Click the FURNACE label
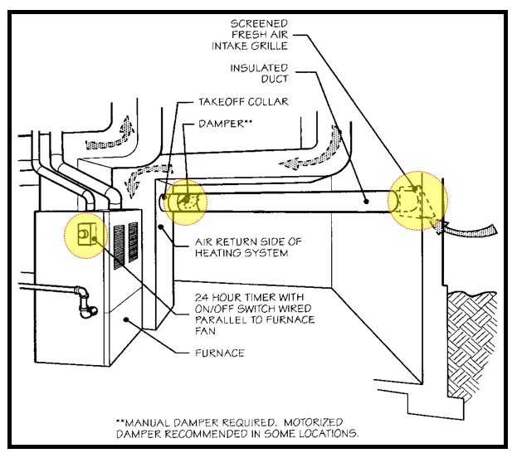tap(219, 353)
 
